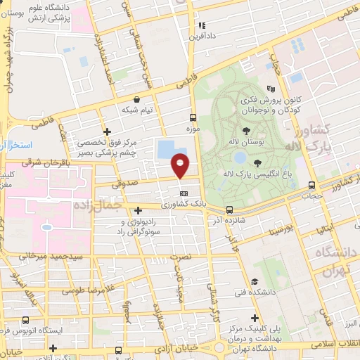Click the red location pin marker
(x=181, y=166)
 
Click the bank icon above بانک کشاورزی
(x=184, y=193)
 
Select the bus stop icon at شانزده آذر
(x=229, y=210)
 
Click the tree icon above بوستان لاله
(x=245, y=131)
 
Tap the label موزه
(x=193, y=129)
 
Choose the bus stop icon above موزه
(x=193, y=118)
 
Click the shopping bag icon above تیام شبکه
(x=147, y=99)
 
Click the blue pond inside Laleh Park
(x=239, y=157)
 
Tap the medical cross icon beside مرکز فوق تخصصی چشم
(x=106, y=131)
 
